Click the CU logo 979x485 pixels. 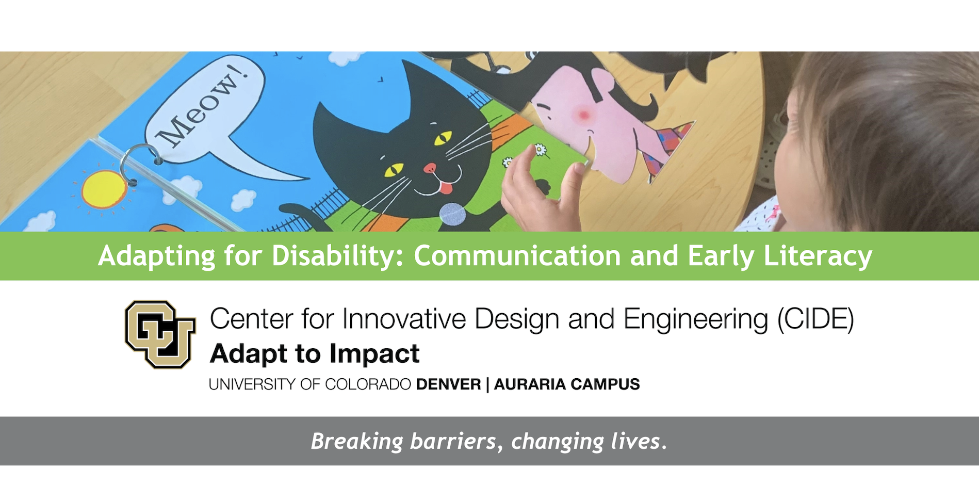point(160,334)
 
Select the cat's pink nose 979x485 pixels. point(430,168)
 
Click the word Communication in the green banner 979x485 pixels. point(517,256)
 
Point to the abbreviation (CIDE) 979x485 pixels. point(815,319)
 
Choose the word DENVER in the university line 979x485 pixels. point(448,384)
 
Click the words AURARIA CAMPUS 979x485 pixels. point(567,384)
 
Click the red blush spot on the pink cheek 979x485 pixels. point(584,115)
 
